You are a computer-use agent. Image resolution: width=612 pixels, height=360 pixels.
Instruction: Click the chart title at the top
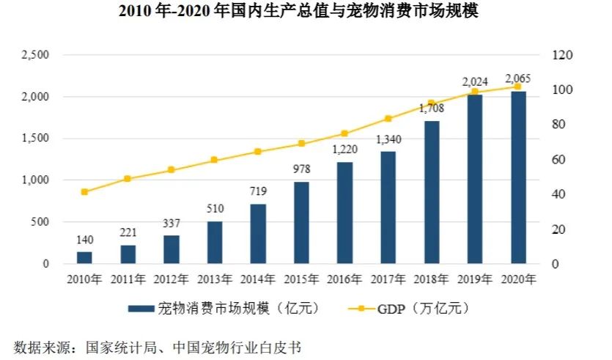click(306, 13)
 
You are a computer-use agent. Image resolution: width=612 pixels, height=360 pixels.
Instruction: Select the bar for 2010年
click(84, 257)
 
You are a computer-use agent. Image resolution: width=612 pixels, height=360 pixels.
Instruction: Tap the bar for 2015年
click(301, 222)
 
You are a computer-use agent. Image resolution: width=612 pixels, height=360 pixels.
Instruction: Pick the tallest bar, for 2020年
click(518, 177)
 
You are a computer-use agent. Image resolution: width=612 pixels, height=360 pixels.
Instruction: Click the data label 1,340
click(388, 140)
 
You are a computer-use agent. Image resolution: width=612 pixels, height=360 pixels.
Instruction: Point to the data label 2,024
click(475, 81)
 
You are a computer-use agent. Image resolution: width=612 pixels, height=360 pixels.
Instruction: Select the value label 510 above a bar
click(215, 209)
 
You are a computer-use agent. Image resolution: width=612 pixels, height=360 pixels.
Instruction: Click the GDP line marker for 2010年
click(84, 192)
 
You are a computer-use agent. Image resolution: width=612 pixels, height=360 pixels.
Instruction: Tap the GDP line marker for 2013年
click(214, 160)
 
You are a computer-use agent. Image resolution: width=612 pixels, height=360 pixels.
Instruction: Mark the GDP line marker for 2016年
click(344, 133)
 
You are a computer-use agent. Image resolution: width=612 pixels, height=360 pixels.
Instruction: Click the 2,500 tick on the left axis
click(34, 55)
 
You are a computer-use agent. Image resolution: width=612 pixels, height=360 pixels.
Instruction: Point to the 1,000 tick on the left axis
click(34, 180)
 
